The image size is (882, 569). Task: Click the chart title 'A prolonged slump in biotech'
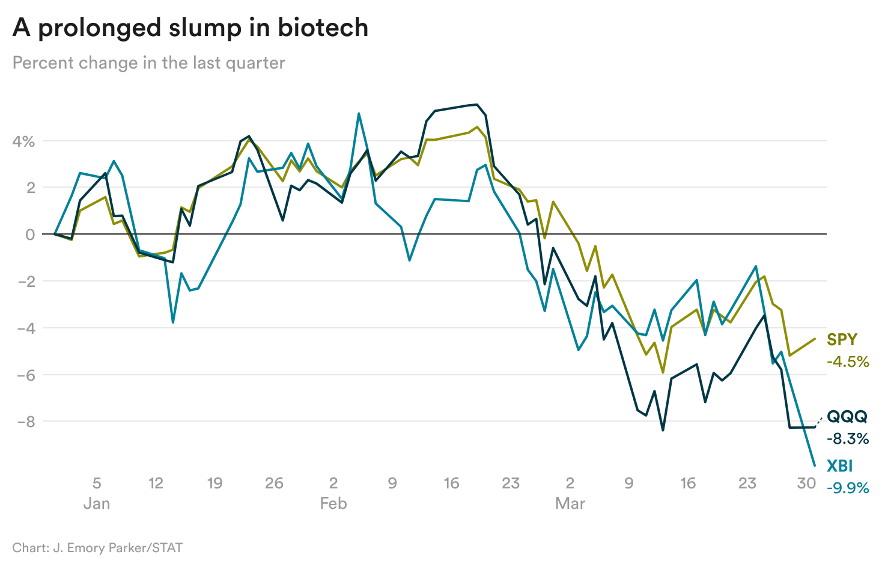click(190, 28)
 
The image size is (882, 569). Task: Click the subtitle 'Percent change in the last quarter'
click(148, 63)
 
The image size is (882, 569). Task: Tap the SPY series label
click(842, 339)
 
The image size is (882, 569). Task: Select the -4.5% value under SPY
click(848, 361)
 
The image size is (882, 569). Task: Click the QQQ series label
click(847, 416)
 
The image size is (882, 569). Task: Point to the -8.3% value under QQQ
click(848, 438)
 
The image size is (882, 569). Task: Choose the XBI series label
click(839, 466)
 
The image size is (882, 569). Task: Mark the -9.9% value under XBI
click(848, 488)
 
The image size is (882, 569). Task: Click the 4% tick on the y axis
click(23, 141)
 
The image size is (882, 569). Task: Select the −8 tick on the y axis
click(25, 422)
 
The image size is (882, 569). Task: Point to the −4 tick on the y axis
click(25, 328)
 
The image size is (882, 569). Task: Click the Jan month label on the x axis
click(96, 503)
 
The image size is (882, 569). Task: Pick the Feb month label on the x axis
click(333, 503)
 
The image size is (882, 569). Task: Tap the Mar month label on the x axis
click(570, 503)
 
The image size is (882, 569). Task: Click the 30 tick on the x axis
click(806, 483)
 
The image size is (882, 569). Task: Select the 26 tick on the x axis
click(274, 483)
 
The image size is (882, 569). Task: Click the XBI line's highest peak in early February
click(359, 113)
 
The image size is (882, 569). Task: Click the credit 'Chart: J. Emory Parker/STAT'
click(97, 548)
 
